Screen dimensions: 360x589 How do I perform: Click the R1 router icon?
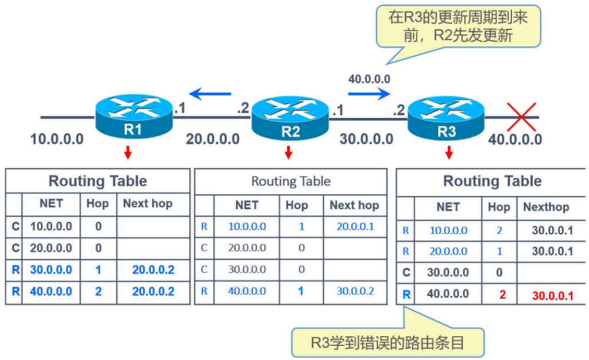133,116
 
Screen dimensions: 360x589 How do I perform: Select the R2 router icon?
290,118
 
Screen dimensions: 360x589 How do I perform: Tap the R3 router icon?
446,118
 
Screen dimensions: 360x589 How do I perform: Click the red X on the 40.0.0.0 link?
521,117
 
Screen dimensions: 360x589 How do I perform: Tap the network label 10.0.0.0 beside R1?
57,139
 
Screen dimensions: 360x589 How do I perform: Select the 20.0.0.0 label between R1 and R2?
212,139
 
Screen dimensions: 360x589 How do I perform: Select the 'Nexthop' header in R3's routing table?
546,207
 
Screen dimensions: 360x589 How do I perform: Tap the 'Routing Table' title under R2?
290,181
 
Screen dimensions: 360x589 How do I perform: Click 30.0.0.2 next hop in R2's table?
354,292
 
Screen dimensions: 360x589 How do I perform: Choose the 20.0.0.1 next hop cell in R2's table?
354,227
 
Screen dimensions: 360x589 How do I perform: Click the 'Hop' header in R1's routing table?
98,203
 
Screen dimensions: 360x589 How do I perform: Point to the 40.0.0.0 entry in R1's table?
51,292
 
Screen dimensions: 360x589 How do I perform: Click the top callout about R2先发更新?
457,26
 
